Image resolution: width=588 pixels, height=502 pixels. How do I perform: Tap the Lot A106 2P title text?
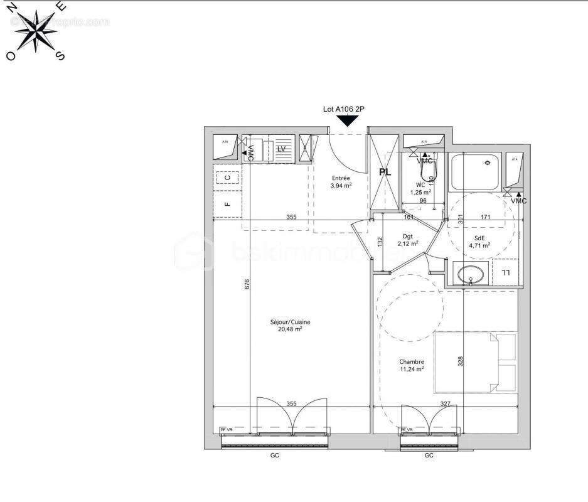pyautogui.click(x=344, y=109)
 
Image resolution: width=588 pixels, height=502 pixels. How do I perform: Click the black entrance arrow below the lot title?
pyautogui.click(x=344, y=121)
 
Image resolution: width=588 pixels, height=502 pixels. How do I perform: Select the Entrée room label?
pyautogui.click(x=341, y=178)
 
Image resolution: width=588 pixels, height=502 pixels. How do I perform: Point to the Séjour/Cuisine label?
pyautogui.click(x=290, y=323)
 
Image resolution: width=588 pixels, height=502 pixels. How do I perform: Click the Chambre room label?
pyautogui.click(x=411, y=361)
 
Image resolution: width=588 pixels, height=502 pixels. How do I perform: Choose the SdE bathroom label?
pyautogui.click(x=479, y=238)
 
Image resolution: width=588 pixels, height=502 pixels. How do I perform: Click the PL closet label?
pyautogui.click(x=384, y=171)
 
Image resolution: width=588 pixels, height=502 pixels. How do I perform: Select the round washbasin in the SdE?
pyautogui.click(x=471, y=274)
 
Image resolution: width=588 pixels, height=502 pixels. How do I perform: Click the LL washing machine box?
pyautogui.click(x=505, y=271)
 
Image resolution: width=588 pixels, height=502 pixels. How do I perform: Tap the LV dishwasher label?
pyautogui.click(x=281, y=149)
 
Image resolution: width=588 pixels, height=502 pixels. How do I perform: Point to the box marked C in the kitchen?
pyautogui.click(x=227, y=178)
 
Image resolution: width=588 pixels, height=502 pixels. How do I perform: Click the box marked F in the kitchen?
pyautogui.click(x=227, y=204)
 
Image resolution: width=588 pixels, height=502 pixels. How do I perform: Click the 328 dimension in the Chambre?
pyautogui.click(x=460, y=362)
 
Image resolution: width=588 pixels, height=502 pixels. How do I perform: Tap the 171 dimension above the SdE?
pyautogui.click(x=486, y=217)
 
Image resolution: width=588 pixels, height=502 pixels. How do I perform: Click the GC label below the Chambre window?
pyautogui.click(x=429, y=456)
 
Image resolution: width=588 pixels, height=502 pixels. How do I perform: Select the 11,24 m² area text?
pyautogui.click(x=411, y=369)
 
